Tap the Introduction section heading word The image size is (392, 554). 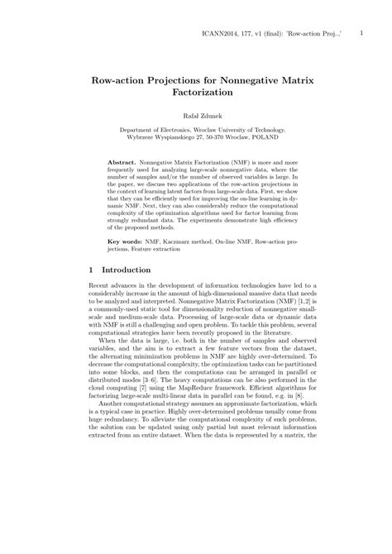pyautogui.click(x=126, y=270)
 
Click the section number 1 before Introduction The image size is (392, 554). pyautogui.click(x=90, y=270)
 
